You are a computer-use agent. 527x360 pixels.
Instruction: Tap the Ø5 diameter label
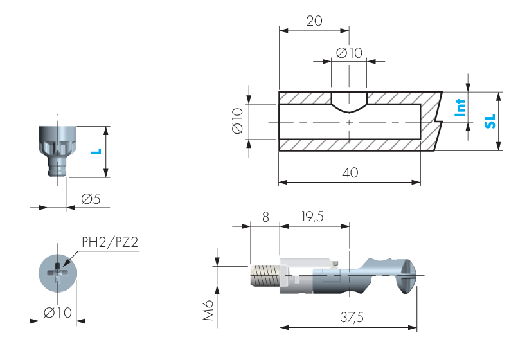point(91,199)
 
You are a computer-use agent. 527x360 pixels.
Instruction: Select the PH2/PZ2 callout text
point(110,242)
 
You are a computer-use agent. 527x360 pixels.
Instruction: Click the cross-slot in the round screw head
point(57,273)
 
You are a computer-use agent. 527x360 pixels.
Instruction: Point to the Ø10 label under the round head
point(57,313)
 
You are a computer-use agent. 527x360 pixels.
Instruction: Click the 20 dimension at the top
point(314,21)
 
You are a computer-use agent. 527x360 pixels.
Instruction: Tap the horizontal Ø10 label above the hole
point(349,53)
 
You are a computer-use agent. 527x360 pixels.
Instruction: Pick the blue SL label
point(490,121)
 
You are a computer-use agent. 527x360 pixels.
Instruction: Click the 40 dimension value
point(350,173)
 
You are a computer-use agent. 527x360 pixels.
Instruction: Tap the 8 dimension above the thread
point(264,217)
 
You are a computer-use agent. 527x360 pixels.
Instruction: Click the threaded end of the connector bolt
point(263,276)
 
